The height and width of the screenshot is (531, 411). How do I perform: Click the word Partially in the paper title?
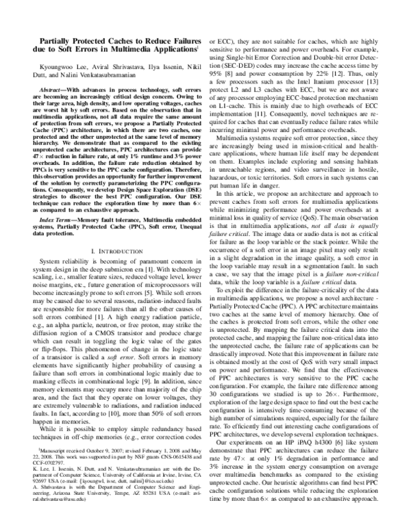point(55,40)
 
